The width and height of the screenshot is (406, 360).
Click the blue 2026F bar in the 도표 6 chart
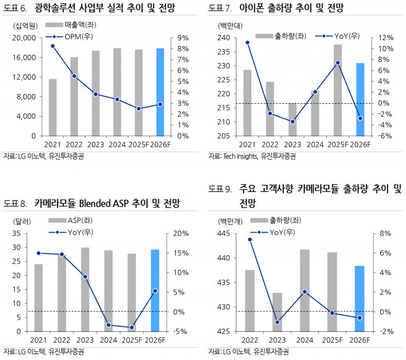pyautogui.click(x=160, y=92)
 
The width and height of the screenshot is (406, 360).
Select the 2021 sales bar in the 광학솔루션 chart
pyautogui.click(x=52, y=107)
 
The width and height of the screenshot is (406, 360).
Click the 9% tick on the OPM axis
pyautogui.click(x=182, y=38)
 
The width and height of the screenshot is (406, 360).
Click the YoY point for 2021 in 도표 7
pyautogui.click(x=247, y=43)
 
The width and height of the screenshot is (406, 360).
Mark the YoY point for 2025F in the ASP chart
pyautogui.click(x=132, y=327)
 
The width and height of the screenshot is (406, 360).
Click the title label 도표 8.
pyautogui.click(x=15, y=204)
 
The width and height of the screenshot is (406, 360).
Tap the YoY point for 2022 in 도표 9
pyautogui.click(x=250, y=239)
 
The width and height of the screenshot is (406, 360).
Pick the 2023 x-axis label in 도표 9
pyautogui.click(x=277, y=340)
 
